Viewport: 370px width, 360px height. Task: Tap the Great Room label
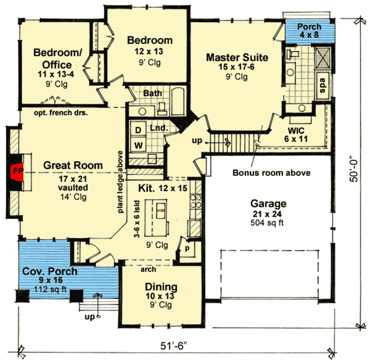click(73, 165)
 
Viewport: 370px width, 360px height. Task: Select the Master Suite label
click(237, 57)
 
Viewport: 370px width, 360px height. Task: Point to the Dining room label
click(161, 287)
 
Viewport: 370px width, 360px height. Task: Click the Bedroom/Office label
click(58, 58)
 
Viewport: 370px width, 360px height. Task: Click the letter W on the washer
click(138, 146)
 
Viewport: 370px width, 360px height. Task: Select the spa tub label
click(322, 86)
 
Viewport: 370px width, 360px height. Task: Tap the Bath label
click(153, 92)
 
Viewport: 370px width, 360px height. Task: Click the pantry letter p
click(186, 249)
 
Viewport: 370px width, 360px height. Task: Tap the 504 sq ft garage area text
click(267, 222)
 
